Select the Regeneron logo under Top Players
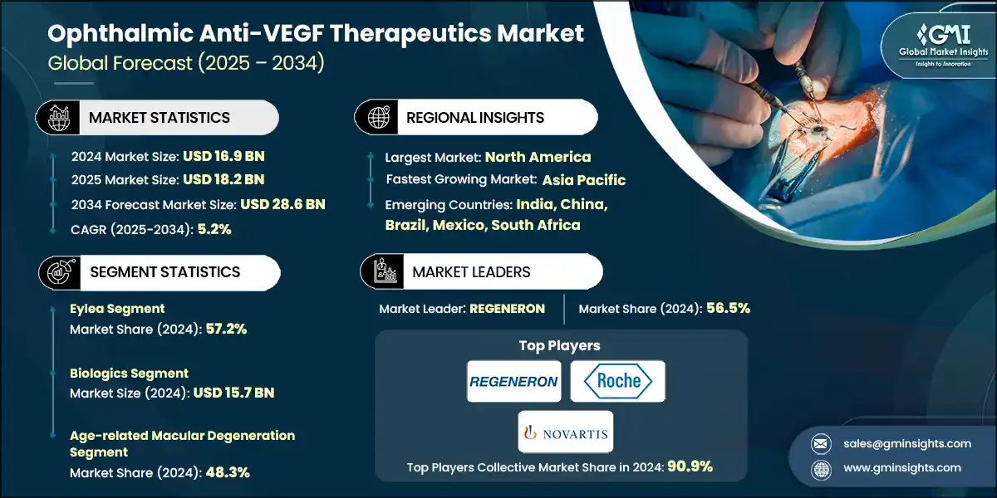coord(513,382)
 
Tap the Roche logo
coord(618,382)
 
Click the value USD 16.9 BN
coord(224,155)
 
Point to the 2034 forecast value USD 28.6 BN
coord(282,204)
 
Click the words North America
coord(538,156)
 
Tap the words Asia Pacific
coord(584,180)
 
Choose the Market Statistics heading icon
coord(57,118)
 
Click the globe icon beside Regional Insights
coord(377,118)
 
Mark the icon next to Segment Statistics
coord(57,272)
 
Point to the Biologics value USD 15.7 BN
coord(233,393)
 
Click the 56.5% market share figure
coord(728,308)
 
